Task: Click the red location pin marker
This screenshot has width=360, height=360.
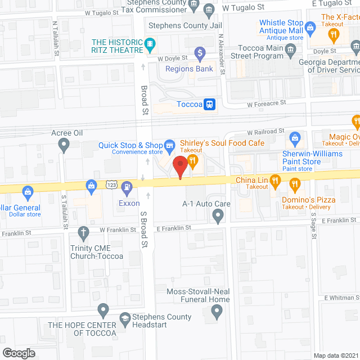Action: tap(179, 166)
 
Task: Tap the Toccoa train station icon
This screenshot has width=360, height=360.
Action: tap(209, 104)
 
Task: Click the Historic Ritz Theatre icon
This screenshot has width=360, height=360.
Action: tap(150, 43)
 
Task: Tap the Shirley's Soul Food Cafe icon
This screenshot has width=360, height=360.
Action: tap(192, 160)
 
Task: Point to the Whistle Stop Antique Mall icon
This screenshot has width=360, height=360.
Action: tap(310, 26)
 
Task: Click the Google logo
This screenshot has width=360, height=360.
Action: tap(19, 353)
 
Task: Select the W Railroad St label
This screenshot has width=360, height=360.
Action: tap(266, 132)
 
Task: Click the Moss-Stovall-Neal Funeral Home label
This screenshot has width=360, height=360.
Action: tap(198, 295)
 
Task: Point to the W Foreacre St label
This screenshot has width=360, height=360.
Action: tap(268, 103)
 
